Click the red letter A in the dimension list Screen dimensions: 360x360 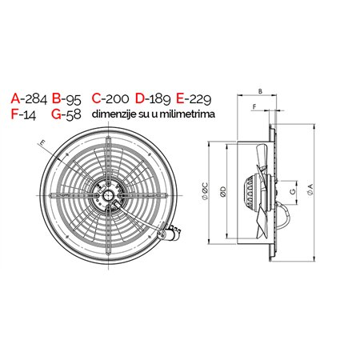click(16, 98)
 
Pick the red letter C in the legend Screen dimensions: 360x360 click(97, 98)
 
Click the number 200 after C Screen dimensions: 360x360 click(116, 98)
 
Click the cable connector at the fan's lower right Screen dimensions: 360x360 click(170, 232)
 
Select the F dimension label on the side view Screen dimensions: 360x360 click(254, 106)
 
